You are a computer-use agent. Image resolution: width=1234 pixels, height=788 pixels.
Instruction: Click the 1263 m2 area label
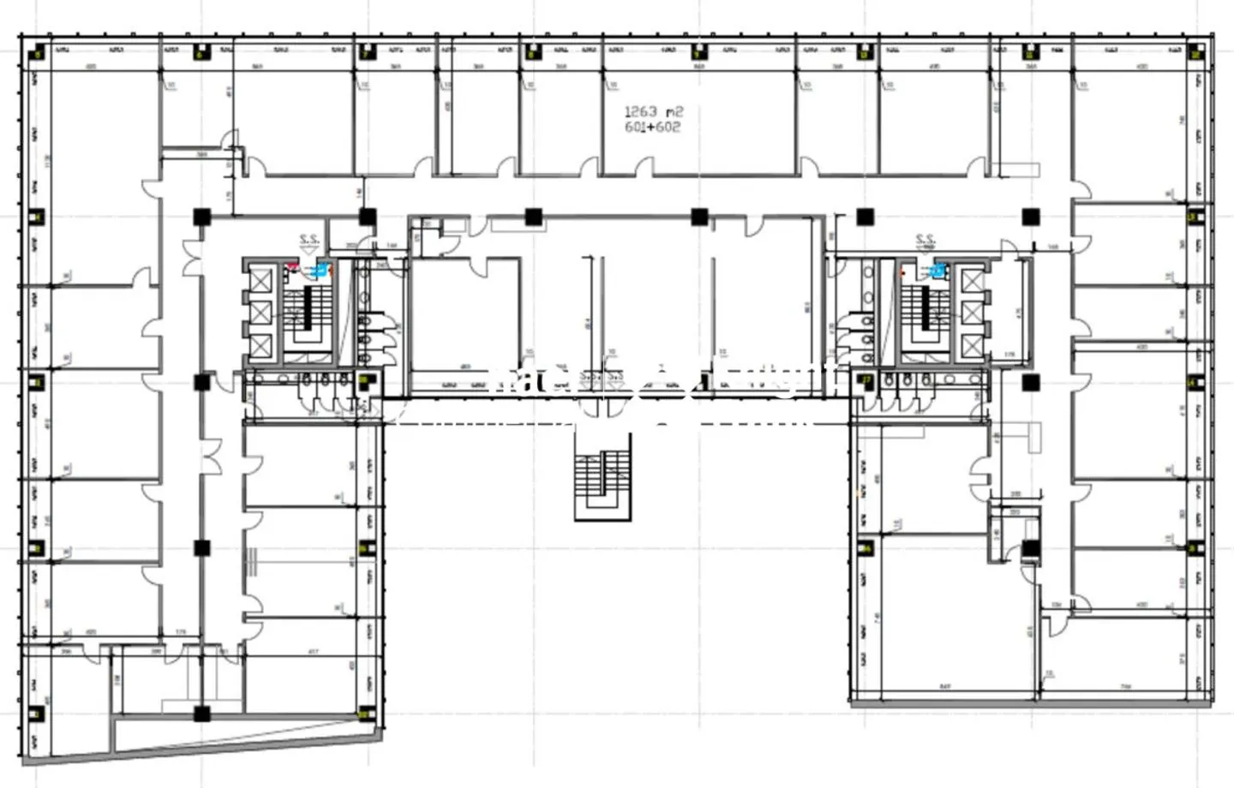coord(653,111)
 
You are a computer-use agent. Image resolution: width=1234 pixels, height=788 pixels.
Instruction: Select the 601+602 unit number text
coord(653,127)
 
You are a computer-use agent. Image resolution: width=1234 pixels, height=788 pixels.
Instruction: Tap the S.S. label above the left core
coord(308,241)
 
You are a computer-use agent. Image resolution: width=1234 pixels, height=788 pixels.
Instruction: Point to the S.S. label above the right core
coord(925,240)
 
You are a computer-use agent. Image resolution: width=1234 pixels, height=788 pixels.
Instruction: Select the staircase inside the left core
coord(300,313)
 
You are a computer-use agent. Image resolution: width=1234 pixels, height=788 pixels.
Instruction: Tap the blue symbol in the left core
coord(320,270)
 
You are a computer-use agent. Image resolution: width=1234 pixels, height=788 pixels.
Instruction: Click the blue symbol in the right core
coord(938,272)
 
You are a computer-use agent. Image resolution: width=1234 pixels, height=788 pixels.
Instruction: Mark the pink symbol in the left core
coord(291,267)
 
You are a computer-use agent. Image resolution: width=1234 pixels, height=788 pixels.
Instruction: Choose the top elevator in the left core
coord(261,280)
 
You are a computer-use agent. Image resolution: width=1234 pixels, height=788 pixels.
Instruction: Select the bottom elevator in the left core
coord(261,346)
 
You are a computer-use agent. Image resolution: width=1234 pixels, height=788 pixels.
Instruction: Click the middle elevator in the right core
coord(971,313)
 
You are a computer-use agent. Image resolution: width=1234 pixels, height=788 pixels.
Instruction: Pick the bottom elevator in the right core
coord(971,346)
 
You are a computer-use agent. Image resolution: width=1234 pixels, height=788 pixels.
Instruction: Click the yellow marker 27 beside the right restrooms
coord(866,379)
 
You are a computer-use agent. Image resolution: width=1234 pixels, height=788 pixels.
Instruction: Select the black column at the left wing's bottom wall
coord(201,713)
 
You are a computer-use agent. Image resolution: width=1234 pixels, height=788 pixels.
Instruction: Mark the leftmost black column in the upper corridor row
coord(201,217)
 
